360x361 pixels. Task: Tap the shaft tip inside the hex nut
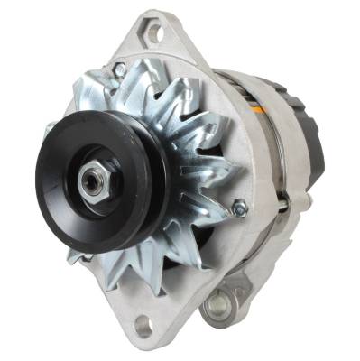[89, 180]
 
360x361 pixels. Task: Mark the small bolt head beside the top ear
[119, 68]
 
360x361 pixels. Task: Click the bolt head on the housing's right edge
[239, 208]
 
